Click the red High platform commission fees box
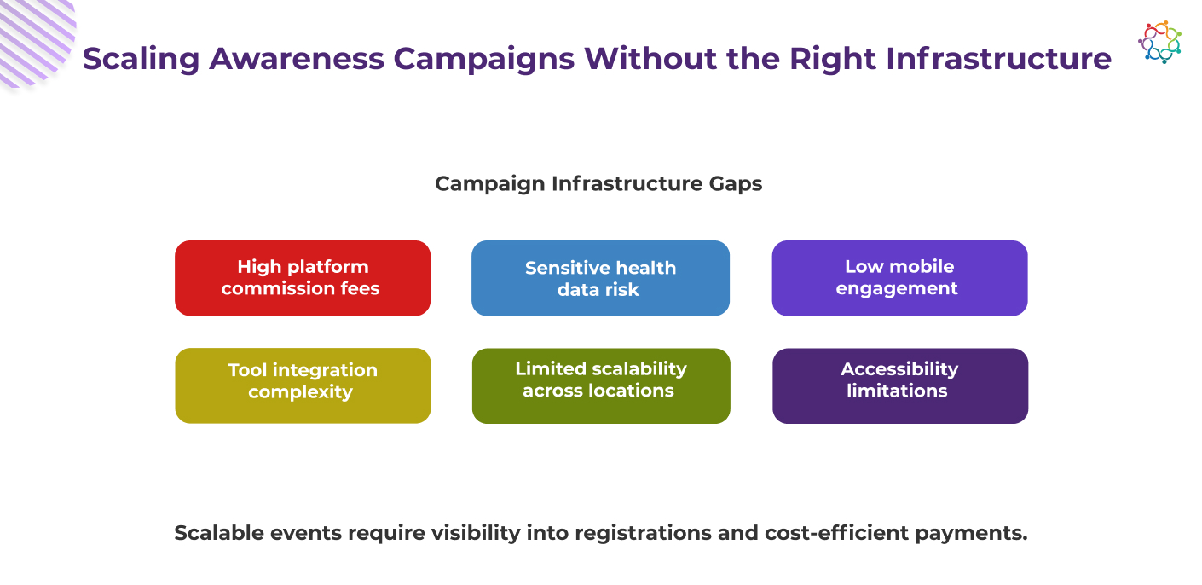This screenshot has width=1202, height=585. (303, 278)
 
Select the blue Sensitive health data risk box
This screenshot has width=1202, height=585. (600, 278)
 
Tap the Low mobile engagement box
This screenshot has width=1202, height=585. (900, 278)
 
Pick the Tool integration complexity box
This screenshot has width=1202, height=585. (303, 386)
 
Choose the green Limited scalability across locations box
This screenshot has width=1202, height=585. (601, 386)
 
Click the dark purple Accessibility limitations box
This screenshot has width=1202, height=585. (900, 386)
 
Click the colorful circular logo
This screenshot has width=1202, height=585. (1159, 43)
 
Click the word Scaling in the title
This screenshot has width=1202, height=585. (142, 60)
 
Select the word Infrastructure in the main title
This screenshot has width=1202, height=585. (998, 58)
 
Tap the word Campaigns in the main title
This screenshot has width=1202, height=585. (484, 60)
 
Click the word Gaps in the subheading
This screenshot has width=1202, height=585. (735, 184)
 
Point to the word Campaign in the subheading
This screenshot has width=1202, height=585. (490, 184)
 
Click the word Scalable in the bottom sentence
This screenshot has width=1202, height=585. (219, 533)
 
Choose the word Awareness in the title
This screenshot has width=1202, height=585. (297, 58)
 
